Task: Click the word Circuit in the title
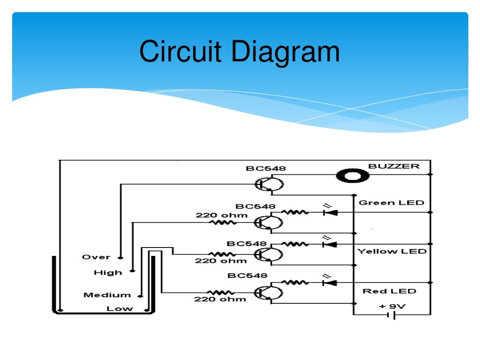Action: tap(180, 52)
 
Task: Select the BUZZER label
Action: tap(394, 166)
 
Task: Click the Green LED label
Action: tap(391, 202)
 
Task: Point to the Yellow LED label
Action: tap(392, 251)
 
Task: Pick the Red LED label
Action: tap(389, 291)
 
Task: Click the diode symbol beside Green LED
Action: tap(330, 212)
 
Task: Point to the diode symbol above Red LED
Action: tap(330, 283)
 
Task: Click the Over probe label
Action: tap(96, 257)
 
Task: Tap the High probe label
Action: tap(108, 272)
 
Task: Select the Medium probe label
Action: tap(107, 295)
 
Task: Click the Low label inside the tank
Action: tap(120, 308)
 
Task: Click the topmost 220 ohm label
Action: tap(214, 216)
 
